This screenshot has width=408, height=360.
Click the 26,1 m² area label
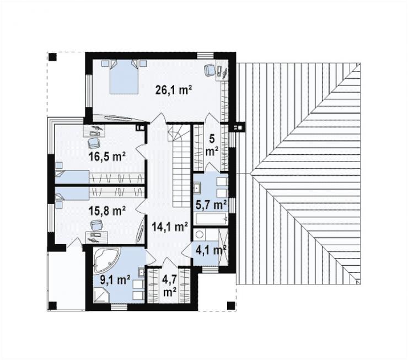[x=174, y=90]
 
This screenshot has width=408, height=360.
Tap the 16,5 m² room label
[x=107, y=157]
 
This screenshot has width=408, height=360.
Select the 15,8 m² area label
[x=107, y=211]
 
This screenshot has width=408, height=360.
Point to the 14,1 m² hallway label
[x=170, y=227]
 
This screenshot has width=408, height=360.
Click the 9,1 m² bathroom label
[x=115, y=280]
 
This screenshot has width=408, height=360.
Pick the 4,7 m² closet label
[x=169, y=286]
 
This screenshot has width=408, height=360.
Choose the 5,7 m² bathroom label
[x=211, y=205]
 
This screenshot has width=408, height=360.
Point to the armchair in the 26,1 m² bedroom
[x=210, y=69]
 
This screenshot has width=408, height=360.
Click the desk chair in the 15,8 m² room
[x=96, y=225]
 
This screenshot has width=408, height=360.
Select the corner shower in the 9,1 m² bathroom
[x=101, y=294]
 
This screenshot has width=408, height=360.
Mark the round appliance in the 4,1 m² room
[x=200, y=235]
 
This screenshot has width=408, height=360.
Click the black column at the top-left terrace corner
[x=52, y=57]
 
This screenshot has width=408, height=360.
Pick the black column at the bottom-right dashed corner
[x=231, y=305]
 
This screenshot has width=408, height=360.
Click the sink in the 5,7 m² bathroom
[x=197, y=187]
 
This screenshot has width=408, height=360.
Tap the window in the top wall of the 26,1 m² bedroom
[x=205, y=56]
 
